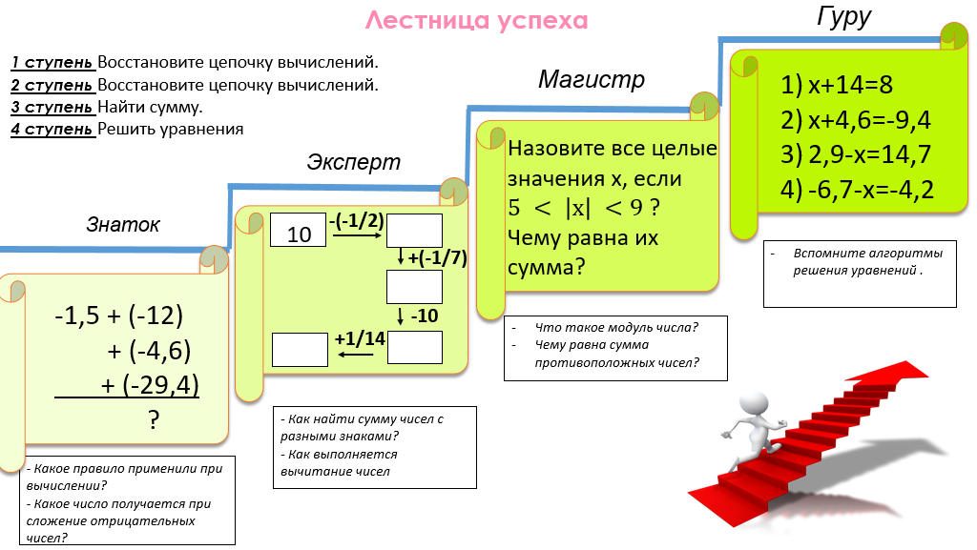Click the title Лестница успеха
tap(476, 20)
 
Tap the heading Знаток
tap(123, 225)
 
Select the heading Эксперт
tap(353, 162)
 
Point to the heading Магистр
tap(591, 79)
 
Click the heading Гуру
tap(844, 17)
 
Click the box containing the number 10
tap(299, 232)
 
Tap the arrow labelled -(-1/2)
tap(357, 234)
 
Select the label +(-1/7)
tap(436, 257)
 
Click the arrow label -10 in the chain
tap(424, 316)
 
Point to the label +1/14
tap(360, 338)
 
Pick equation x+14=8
tap(837, 85)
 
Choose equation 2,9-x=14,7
tap(855, 154)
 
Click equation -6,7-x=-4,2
tap(856, 190)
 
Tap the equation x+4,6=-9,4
tap(855, 120)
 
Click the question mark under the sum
tap(152, 420)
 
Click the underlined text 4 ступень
tap(52, 129)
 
